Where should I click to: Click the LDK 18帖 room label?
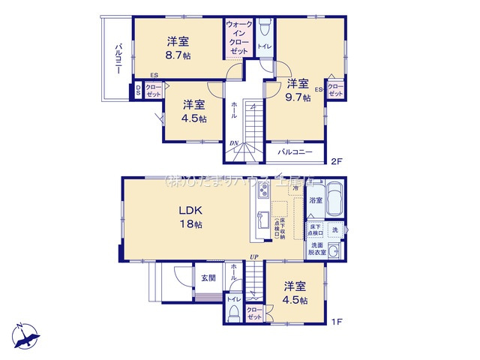pyautogui.click(x=190, y=217)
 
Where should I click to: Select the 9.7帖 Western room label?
pyautogui.click(x=298, y=91)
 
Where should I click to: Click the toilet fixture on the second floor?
pyautogui.click(x=263, y=31)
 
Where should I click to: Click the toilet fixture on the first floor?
pyautogui.click(x=234, y=313)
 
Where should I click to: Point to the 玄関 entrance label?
pyautogui.click(x=208, y=277)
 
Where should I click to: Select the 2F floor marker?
pyautogui.click(x=337, y=160)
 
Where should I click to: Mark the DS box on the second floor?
pyautogui.click(x=139, y=91)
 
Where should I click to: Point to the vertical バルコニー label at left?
pyautogui.click(x=118, y=58)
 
